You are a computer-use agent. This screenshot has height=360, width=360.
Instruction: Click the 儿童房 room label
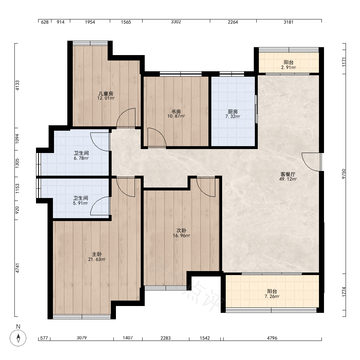click(106, 94)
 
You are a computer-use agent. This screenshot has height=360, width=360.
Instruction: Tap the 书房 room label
click(176, 112)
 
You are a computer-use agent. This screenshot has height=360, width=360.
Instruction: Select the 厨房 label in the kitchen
click(233, 112)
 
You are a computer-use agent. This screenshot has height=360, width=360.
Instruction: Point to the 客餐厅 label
click(288, 174)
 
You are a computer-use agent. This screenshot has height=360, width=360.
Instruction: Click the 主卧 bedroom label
click(97, 255)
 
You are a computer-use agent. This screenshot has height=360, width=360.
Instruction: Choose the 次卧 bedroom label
click(181, 230)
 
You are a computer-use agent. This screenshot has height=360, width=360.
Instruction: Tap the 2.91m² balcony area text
click(289, 68)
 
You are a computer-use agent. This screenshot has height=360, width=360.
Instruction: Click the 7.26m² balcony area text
click(272, 296)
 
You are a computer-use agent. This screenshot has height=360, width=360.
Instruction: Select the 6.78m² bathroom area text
click(81, 158)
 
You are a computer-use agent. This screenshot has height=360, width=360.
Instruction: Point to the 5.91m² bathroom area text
click(81, 203)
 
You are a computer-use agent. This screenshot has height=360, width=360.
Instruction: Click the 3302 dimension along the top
click(176, 22)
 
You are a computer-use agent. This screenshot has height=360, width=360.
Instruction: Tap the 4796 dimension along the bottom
click(272, 338)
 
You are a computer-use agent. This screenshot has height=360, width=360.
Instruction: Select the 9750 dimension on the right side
click(344, 174)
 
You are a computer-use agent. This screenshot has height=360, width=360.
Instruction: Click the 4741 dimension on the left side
click(17, 268)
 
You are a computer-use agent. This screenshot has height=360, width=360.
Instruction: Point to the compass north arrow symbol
click(18, 338)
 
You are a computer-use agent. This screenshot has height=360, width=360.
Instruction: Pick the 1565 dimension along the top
click(126, 22)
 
